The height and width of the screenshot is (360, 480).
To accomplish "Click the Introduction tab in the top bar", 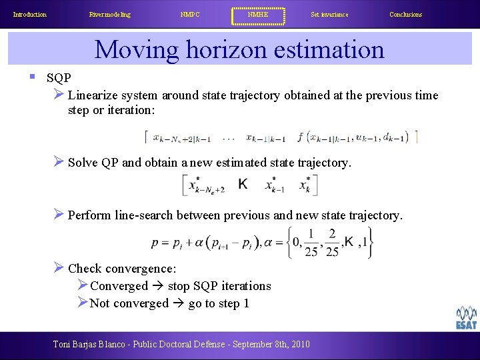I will [x=30, y=15].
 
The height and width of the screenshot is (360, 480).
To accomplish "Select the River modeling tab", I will [x=110, y=15].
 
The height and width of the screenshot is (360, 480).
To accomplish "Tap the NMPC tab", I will [x=190, y=15].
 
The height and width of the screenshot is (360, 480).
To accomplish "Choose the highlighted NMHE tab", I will [x=258, y=15].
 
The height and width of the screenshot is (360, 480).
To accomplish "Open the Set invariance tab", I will [x=329, y=15].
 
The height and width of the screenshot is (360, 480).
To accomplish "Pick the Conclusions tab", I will [x=405, y=15].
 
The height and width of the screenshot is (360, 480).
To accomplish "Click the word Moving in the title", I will [x=137, y=50].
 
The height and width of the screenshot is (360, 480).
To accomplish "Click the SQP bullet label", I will [x=59, y=77].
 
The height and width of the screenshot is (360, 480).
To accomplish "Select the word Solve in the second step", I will [x=83, y=162].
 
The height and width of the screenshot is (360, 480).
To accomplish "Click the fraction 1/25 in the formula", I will [x=311, y=243].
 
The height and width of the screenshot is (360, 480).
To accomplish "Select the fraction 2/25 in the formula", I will [x=332, y=243].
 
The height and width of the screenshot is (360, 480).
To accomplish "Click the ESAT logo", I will [x=466, y=319].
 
